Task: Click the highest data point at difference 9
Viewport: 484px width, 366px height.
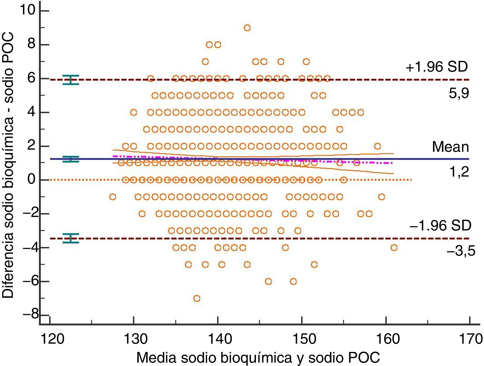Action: pyautogui.click(x=247, y=28)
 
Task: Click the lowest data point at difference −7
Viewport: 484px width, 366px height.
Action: pyautogui.click(x=197, y=298)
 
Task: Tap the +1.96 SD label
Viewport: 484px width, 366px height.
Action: pyautogui.click(x=437, y=67)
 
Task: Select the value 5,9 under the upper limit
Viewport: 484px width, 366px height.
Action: pyautogui.click(x=459, y=93)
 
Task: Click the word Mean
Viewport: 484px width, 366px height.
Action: pyautogui.click(x=450, y=147)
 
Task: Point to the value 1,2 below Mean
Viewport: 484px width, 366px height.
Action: pyautogui.click(x=459, y=172)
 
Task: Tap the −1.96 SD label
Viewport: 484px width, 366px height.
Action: pyautogui.click(x=440, y=226)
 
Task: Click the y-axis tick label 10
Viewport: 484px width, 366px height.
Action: pyautogui.click(x=28, y=10)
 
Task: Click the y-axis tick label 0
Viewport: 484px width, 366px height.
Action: pyautogui.click(x=31, y=179)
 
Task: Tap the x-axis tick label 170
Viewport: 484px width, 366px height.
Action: pyautogui.click(x=469, y=339)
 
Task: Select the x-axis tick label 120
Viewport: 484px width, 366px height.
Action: pyautogui.click(x=50, y=339)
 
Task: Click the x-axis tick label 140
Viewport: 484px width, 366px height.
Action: pyautogui.click(x=218, y=339)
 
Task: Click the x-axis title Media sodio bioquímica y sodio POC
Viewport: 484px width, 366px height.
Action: pyautogui.click(x=258, y=357)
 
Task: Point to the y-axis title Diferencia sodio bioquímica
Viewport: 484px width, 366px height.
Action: pyautogui.click(x=8, y=165)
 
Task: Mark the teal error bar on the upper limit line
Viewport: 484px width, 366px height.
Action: pyautogui.click(x=71, y=80)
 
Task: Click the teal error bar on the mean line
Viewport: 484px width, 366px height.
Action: pyautogui.click(x=71, y=159)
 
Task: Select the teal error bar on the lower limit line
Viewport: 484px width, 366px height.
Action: pyautogui.click(x=71, y=238)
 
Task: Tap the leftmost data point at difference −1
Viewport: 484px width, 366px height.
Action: pyautogui.click(x=113, y=197)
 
